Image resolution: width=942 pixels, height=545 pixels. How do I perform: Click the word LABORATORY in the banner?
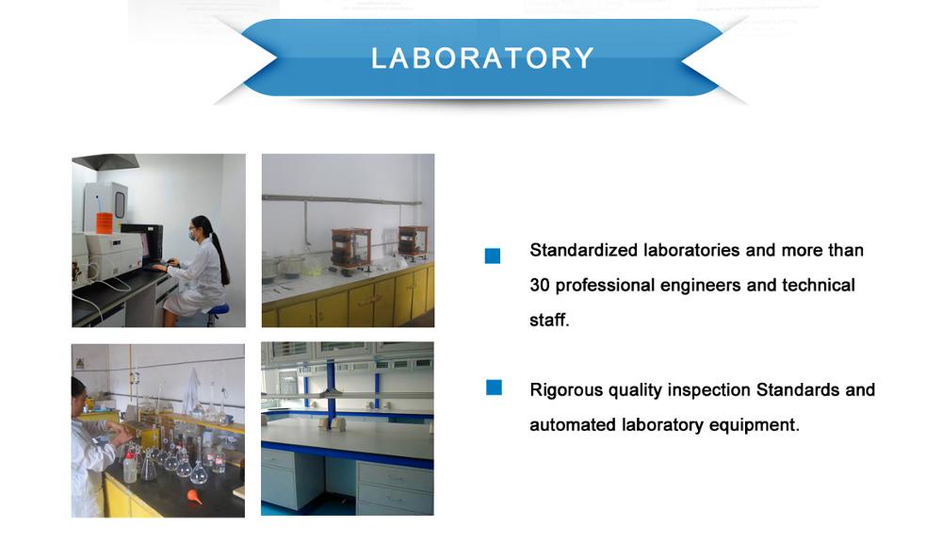click(x=482, y=58)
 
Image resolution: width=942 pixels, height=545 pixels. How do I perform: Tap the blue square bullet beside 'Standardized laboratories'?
click(x=493, y=256)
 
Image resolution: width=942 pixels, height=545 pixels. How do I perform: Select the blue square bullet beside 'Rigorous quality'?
click(x=494, y=388)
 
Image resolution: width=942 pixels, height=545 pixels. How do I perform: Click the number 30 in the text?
click(x=540, y=285)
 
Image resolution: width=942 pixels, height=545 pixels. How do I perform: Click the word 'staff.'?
click(x=549, y=320)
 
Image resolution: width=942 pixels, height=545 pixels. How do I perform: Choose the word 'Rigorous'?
click(x=566, y=390)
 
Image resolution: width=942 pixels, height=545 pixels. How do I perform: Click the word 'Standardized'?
click(x=583, y=250)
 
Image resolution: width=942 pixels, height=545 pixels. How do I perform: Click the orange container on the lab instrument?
click(x=105, y=222)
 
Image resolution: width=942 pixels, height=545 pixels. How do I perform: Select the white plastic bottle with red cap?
click(x=130, y=466)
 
